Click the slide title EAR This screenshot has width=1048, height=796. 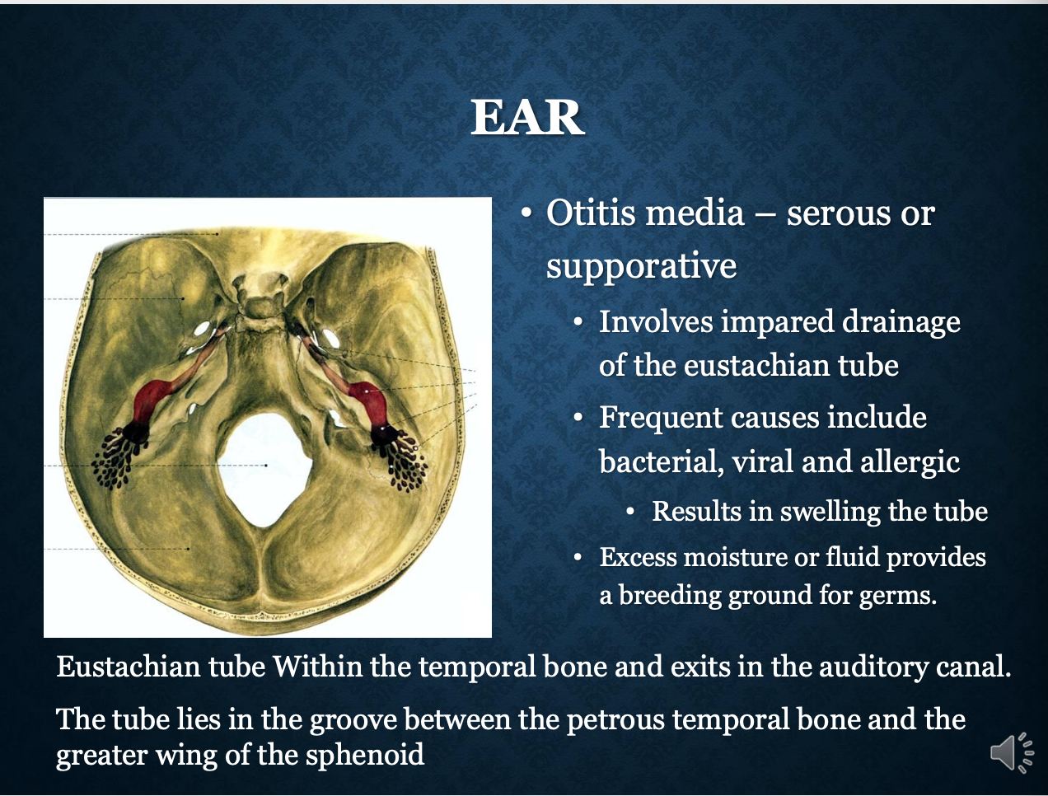click(527, 117)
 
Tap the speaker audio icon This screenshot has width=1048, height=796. click(1012, 753)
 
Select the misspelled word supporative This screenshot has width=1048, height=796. click(641, 265)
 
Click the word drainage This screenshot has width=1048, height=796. click(901, 322)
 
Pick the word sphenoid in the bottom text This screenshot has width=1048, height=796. click(365, 755)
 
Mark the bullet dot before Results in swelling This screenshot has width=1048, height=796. click(631, 513)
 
